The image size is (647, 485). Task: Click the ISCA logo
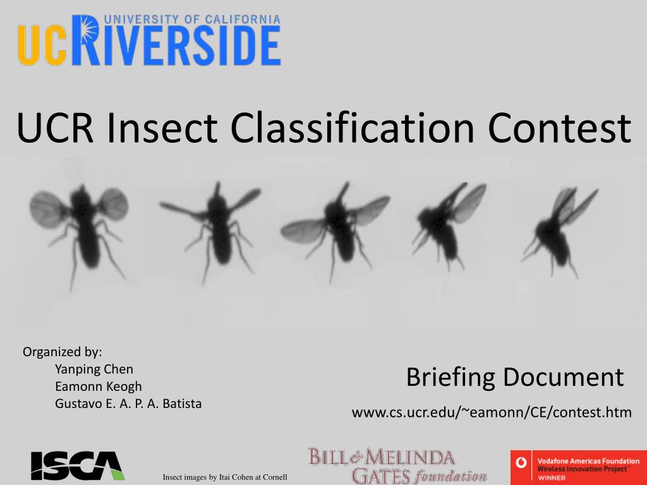pos(77,465)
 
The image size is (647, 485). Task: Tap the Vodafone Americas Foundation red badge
pos(579,468)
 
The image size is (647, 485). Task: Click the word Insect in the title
pos(162,128)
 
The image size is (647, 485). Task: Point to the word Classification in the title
pos(352,128)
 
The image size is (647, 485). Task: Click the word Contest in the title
pos(559,128)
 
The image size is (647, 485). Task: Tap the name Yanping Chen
pos(94,369)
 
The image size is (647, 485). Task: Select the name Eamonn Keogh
pos(98,386)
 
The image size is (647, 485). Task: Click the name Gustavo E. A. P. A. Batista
pos(128,404)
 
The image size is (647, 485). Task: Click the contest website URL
pos(492,412)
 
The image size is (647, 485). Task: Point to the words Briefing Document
pos(514,377)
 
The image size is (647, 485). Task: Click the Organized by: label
pos(63,352)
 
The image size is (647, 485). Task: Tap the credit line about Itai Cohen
pos(225,477)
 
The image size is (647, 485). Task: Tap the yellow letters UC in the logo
pos(42,45)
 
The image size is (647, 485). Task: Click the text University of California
pos(192,20)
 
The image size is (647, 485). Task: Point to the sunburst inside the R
pos(88,29)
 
